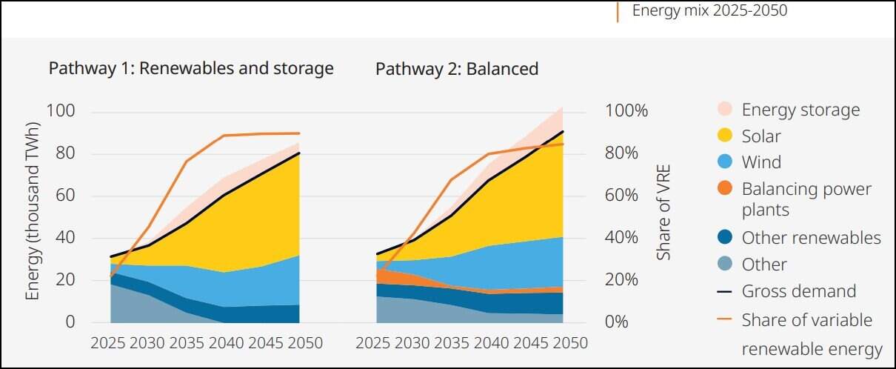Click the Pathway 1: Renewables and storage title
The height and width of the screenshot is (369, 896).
pyautogui.click(x=191, y=69)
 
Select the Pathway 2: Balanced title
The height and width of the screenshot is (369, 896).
pyautogui.click(x=457, y=69)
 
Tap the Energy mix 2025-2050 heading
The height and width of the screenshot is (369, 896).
pyautogui.click(x=709, y=11)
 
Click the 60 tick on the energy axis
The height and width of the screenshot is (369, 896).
pyautogui.click(x=65, y=196)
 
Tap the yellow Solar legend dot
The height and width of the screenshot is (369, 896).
pyautogui.click(x=725, y=136)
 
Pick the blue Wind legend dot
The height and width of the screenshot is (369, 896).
pyautogui.click(x=725, y=162)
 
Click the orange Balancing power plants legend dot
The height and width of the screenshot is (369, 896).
pyautogui.click(x=725, y=189)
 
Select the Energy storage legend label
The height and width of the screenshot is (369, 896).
pyautogui.click(x=800, y=110)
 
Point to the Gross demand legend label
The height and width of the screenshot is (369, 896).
pyautogui.click(x=798, y=291)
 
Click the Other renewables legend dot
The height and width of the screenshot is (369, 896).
pyautogui.click(x=725, y=238)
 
